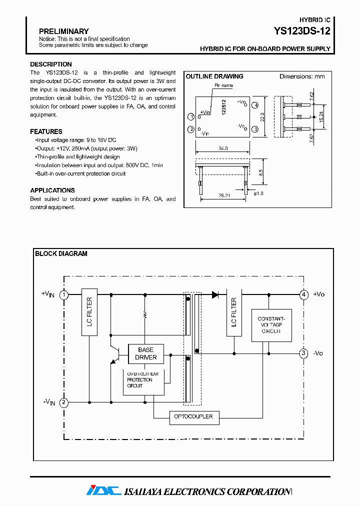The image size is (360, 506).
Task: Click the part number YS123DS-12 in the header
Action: pyautogui.click(x=301, y=31)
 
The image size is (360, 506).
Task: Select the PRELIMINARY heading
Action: pyautogui.click(x=63, y=31)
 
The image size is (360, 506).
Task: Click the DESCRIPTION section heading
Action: pyautogui.click(x=50, y=64)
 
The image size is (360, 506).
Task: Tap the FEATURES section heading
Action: pyautogui.click(x=46, y=132)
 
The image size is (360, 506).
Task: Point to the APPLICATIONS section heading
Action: pyautogui.click(x=52, y=190)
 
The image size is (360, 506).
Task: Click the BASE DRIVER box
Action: pyautogui.click(x=145, y=353)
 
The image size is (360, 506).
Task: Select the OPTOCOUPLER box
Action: pyautogui.click(x=193, y=416)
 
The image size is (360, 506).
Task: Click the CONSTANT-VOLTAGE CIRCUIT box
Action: pyautogui.click(x=271, y=324)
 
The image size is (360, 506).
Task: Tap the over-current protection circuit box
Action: pyautogui.click(x=143, y=380)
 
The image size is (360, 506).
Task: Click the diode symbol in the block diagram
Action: pyautogui.click(x=215, y=295)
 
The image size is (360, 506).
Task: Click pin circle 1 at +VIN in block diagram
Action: pyautogui.click(x=64, y=295)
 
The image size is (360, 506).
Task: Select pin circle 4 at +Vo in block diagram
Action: pyautogui.click(x=303, y=295)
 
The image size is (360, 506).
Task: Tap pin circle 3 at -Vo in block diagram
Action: pyautogui.click(x=303, y=353)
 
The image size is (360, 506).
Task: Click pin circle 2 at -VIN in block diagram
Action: pyautogui.click(x=64, y=402)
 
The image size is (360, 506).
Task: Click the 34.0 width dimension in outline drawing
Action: pyautogui.click(x=222, y=148)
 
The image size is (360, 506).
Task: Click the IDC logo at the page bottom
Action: pyautogui.click(x=104, y=491)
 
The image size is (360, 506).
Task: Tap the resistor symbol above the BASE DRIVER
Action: pyautogui.click(x=145, y=314)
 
